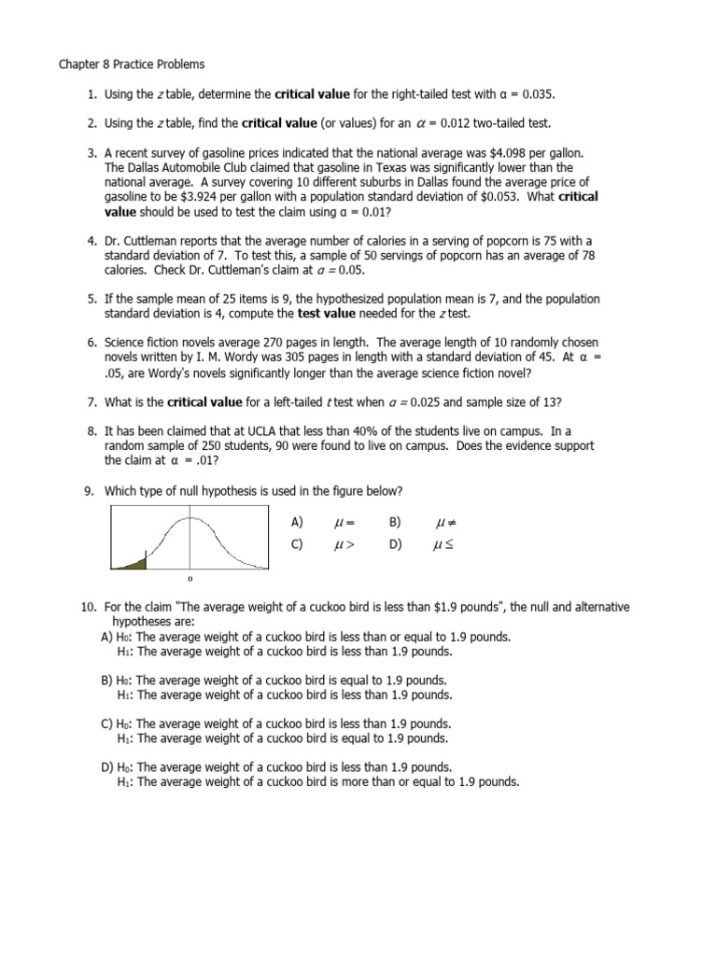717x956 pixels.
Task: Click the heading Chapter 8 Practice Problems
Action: [x=132, y=65]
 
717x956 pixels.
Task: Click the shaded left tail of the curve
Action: [x=135, y=562]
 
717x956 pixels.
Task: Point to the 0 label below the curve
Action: [x=190, y=579]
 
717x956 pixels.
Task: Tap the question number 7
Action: [x=92, y=402]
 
